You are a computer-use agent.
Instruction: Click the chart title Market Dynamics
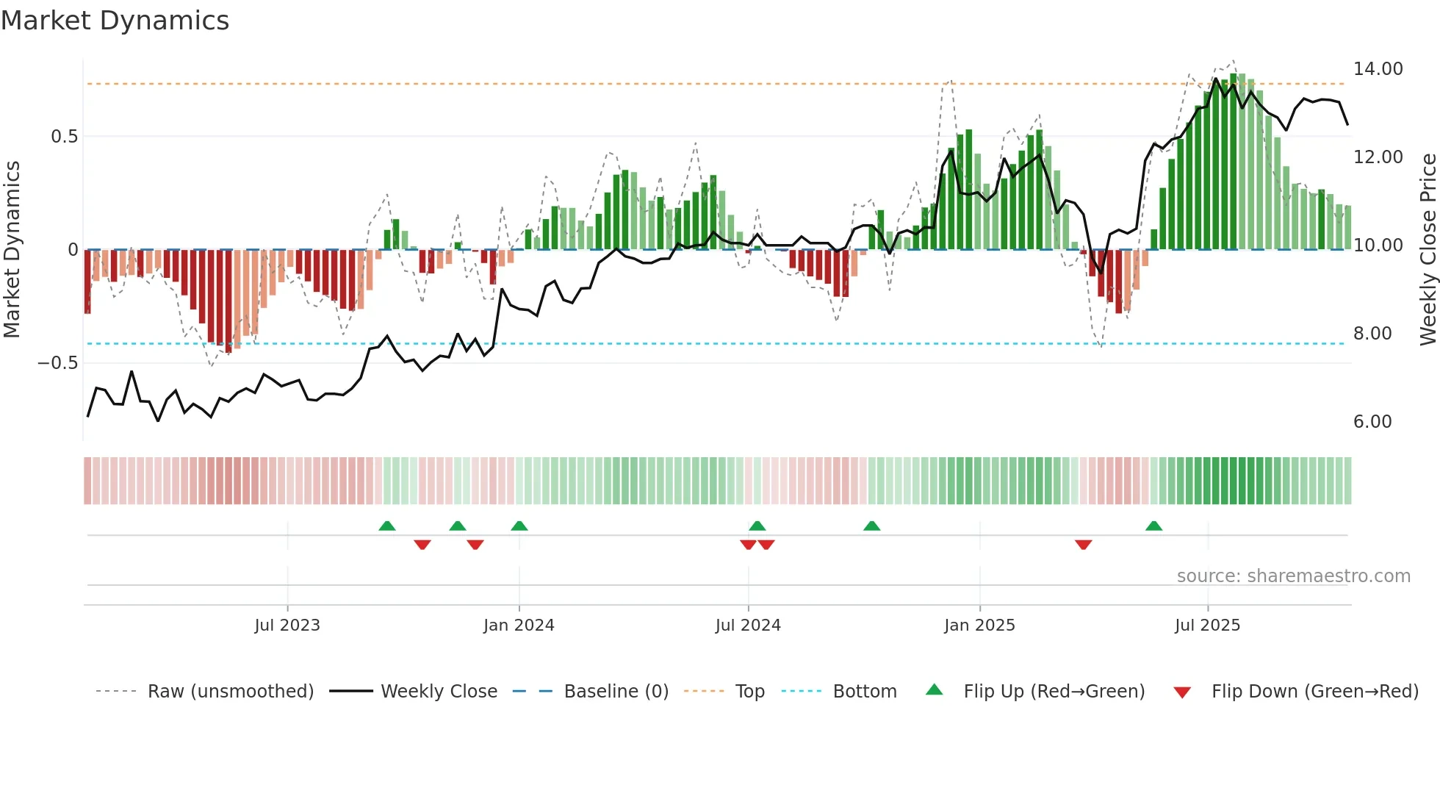(115, 21)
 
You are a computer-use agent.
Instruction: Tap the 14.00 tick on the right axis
(1378, 69)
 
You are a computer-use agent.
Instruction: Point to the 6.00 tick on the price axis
(1372, 422)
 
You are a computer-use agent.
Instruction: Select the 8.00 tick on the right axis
(1372, 334)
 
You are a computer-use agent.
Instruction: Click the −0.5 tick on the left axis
(57, 363)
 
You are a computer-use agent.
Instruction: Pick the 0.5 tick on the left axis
(64, 137)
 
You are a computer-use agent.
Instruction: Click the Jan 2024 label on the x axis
(519, 626)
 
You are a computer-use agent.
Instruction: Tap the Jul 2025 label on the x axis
(1207, 626)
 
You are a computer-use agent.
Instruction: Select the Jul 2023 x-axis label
(287, 626)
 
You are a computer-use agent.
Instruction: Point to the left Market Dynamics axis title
(12, 250)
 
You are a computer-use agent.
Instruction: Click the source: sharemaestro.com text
(1293, 576)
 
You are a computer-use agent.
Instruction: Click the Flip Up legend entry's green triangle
(934, 689)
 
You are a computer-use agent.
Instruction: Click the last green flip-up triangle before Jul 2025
(1153, 526)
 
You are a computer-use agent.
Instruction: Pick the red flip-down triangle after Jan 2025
(1083, 545)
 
